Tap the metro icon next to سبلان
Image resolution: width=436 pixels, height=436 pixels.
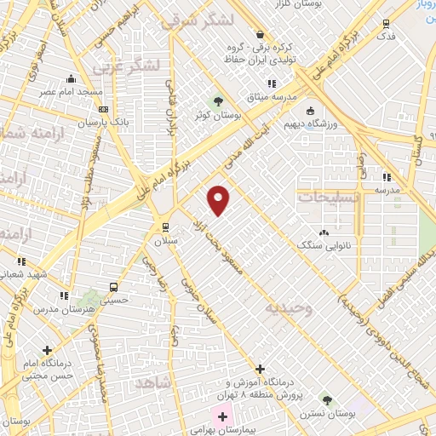[x=166, y=227]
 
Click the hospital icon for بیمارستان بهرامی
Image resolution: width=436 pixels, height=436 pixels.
[x=223, y=416]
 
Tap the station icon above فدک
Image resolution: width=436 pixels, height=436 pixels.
[x=387, y=24]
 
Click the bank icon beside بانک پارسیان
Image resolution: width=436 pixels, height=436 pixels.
[x=104, y=109]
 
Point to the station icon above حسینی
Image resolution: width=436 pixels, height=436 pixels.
[x=112, y=287]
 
